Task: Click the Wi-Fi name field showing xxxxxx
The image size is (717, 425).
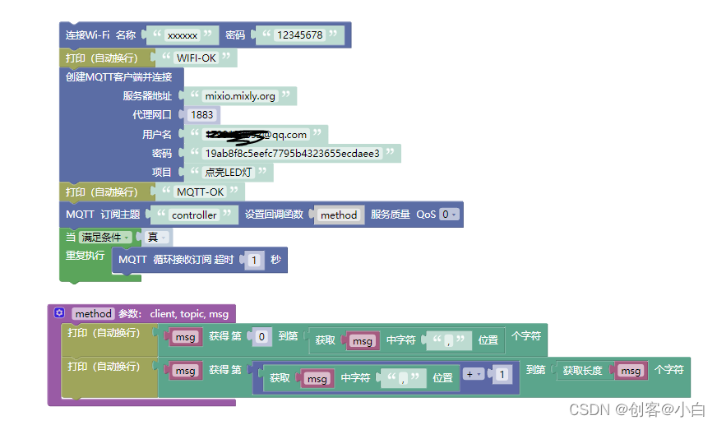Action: click(x=182, y=35)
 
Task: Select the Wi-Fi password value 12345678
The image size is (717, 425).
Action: click(x=299, y=35)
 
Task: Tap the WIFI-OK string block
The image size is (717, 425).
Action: click(x=197, y=58)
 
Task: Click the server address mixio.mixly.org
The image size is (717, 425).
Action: click(x=240, y=96)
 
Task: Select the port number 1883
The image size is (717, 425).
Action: click(x=201, y=115)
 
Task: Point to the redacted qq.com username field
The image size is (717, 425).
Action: click(x=257, y=135)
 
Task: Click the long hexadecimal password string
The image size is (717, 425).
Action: click(x=292, y=154)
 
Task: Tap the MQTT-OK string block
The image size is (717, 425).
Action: click(x=201, y=192)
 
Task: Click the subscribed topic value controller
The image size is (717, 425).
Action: click(x=194, y=215)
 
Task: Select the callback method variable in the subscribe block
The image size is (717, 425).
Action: click(x=339, y=215)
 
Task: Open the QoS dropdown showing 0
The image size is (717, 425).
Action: click(x=448, y=215)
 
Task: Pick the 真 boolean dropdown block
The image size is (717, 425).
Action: click(x=156, y=238)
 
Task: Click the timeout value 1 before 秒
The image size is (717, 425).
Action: click(x=255, y=261)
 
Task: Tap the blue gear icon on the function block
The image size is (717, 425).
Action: click(x=59, y=313)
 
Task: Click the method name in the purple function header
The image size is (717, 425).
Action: click(x=92, y=314)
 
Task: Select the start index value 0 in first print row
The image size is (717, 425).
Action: click(x=262, y=337)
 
